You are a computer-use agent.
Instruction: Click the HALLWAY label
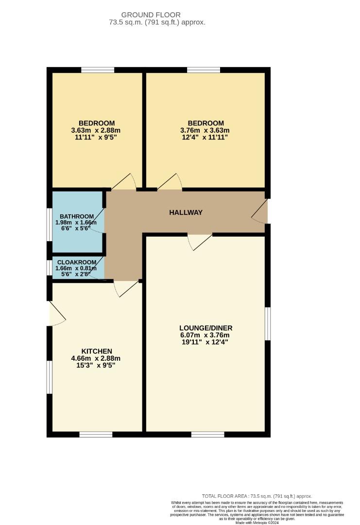186,212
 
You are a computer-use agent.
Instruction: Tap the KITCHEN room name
97,351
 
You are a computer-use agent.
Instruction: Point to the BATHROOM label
76,216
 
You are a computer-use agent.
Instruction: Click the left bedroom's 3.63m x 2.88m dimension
96,130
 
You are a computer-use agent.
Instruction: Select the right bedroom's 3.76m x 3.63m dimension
206,130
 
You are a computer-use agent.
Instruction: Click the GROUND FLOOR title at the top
151,15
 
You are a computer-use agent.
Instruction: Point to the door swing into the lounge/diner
200,242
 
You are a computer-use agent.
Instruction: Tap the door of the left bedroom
123,182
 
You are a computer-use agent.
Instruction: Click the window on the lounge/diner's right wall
267,323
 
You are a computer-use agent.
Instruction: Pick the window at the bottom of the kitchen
96,434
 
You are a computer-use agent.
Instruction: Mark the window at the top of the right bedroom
203,70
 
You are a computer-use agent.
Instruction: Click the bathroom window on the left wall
49,224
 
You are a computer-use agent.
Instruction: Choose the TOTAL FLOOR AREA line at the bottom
257,496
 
